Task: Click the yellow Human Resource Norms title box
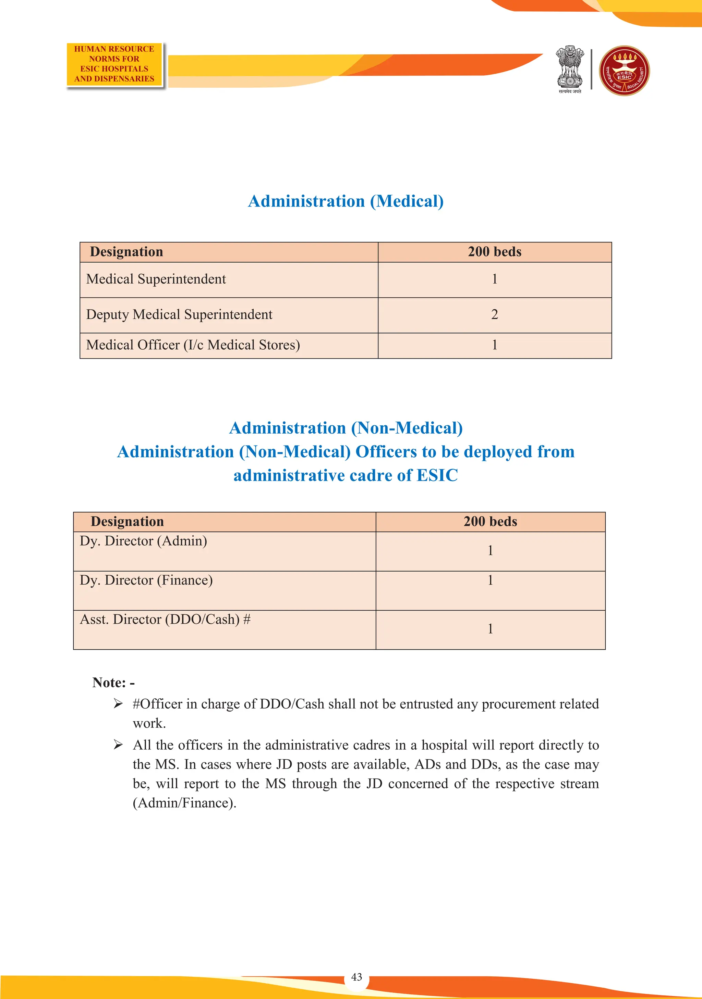click(x=114, y=64)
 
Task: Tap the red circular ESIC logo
click(x=625, y=71)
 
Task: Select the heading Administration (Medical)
click(x=346, y=201)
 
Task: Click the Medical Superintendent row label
click(x=156, y=279)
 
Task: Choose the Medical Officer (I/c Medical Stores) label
click(x=193, y=345)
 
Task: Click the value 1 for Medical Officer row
click(x=494, y=345)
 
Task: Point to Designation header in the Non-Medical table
click(x=127, y=522)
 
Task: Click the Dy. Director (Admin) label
click(x=143, y=541)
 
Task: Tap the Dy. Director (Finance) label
click(x=146, y=580)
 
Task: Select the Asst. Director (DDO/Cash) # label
click(x=165, y=620)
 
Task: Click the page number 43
click(x=356, y=977)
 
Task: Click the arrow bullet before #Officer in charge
click(x=118, y=703)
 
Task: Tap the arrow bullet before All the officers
click(x=118, y=745)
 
